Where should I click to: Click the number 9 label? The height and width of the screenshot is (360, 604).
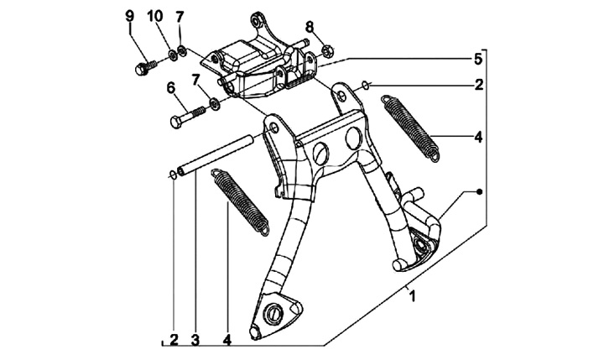(x=129, y=17)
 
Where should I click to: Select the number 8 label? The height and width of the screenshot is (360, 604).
(x=309, y=26)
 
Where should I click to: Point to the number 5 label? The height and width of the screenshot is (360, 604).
(x=477, y=59)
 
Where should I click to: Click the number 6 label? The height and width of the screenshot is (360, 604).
(x=170, y=87)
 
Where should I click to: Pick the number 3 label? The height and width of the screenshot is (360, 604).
(x=194, y=340)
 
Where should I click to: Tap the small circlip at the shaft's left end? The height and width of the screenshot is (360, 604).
(x=171, y=175)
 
